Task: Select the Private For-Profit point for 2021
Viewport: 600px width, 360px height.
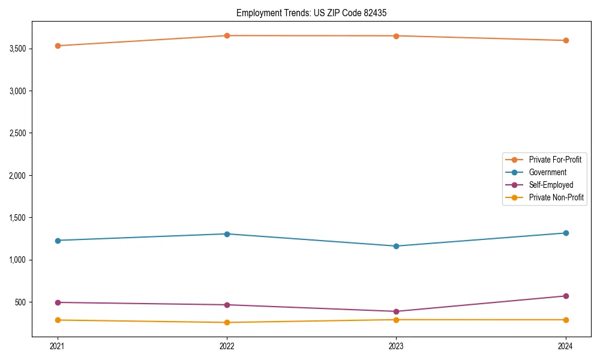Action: pyautogui.click(x=58, y=46)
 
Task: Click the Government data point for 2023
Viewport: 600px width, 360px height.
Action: pyautogui.click(x=396, y=246)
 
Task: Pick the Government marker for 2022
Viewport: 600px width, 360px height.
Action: pyautogui.click(x=227, y=234)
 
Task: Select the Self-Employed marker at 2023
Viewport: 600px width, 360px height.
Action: pyautogui.click(x=396, y=311)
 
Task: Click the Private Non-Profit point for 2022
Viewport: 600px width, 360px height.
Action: pyautogui.click(x=227, y=322)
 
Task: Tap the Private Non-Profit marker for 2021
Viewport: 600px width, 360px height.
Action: pyautogui.click(x=58, y=320)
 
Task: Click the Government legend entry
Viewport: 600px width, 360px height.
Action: pyautogui.click(x=547, y=172)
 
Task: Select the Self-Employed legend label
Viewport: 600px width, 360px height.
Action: pyautogui.click(x=551, y=185)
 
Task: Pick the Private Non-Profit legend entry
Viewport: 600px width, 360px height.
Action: pyautogui.click(x=556, y=197)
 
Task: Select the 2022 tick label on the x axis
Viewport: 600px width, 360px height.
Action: pyautogui.click(x=227, y=346)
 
